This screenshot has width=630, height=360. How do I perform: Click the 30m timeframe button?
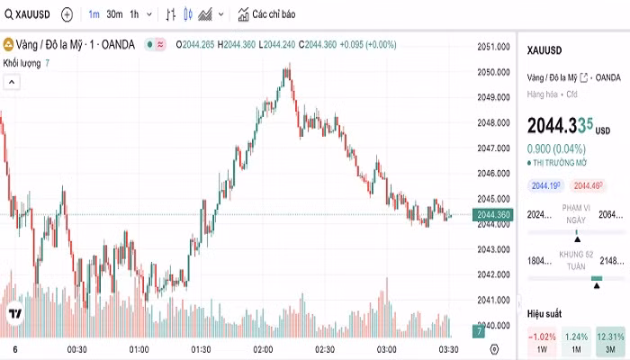pos(114,14)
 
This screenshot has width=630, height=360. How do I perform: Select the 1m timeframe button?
pos(94,14)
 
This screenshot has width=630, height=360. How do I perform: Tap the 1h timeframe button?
pos(134,14)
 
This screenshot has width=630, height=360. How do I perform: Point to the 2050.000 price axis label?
pos(494,72)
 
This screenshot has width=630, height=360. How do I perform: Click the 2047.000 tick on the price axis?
pos(494,148)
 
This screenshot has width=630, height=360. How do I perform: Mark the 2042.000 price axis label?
pos(494,274)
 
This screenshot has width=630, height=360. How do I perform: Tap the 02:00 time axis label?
pos(263,349)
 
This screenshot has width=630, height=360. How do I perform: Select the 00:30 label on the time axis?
pos(76,349)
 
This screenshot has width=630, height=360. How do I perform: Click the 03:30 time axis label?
pos(449,349)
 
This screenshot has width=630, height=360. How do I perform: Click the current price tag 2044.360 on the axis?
pos(494,214)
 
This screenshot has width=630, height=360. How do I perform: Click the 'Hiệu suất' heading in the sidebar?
pos(544,313)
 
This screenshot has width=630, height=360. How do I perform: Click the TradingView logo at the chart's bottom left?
pos(15,314)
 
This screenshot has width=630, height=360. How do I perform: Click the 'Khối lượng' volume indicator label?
pos(22,63)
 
